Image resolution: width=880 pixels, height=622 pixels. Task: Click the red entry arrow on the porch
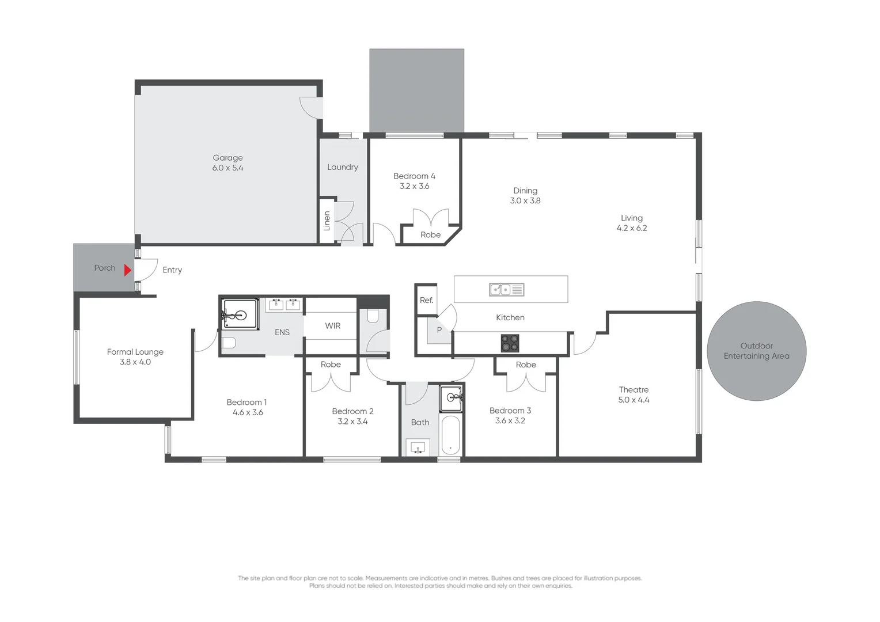pos(128,269)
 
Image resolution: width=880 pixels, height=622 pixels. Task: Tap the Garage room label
pos(227,158)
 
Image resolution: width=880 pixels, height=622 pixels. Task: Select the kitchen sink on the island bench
pos(506,290)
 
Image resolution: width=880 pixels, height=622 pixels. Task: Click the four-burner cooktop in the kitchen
pos(510,343)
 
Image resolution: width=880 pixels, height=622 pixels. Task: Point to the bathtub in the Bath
pos(450,435)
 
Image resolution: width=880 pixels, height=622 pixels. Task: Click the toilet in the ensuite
pos(229,343)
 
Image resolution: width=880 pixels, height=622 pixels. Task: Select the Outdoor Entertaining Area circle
pos(756,351)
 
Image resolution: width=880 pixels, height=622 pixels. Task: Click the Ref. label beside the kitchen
pos(426,300)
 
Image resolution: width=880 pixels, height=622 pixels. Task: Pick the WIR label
pos(332,326)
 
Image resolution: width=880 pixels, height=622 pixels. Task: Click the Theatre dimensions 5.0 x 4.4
pos(634,400)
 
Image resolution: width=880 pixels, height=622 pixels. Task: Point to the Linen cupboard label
pos(327,221)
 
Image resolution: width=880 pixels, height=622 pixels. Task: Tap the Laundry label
pos(342,167)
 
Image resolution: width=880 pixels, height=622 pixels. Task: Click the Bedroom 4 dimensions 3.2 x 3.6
pos(414,187)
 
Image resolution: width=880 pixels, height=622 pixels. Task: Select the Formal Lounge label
pos(135,352)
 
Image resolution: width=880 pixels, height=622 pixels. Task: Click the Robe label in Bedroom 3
pos(526,365)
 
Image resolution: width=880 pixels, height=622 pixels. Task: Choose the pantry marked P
pos(439,331)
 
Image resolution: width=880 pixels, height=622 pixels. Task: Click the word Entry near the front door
pos(172,270)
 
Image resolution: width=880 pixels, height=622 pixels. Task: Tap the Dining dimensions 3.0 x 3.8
pos(525,201)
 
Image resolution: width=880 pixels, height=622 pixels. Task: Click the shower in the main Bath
pos(452,399)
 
